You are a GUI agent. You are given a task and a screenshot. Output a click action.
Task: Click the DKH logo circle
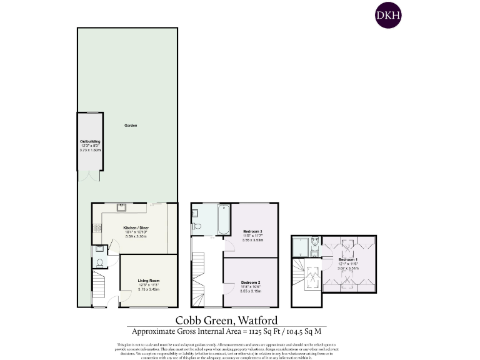pyautogui.click(x=387, y=16)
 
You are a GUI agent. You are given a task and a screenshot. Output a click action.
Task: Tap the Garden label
pyautogui.click(x=130, y=126)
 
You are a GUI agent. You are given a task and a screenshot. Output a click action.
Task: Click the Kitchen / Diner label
pyautogui.click(x=136, y=227)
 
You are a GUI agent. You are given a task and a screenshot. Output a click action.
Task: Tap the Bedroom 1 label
pyautogui.click(x=347, y=259)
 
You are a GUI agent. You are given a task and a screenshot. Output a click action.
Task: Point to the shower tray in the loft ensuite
pyautogui.click(x=300, y=246)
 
